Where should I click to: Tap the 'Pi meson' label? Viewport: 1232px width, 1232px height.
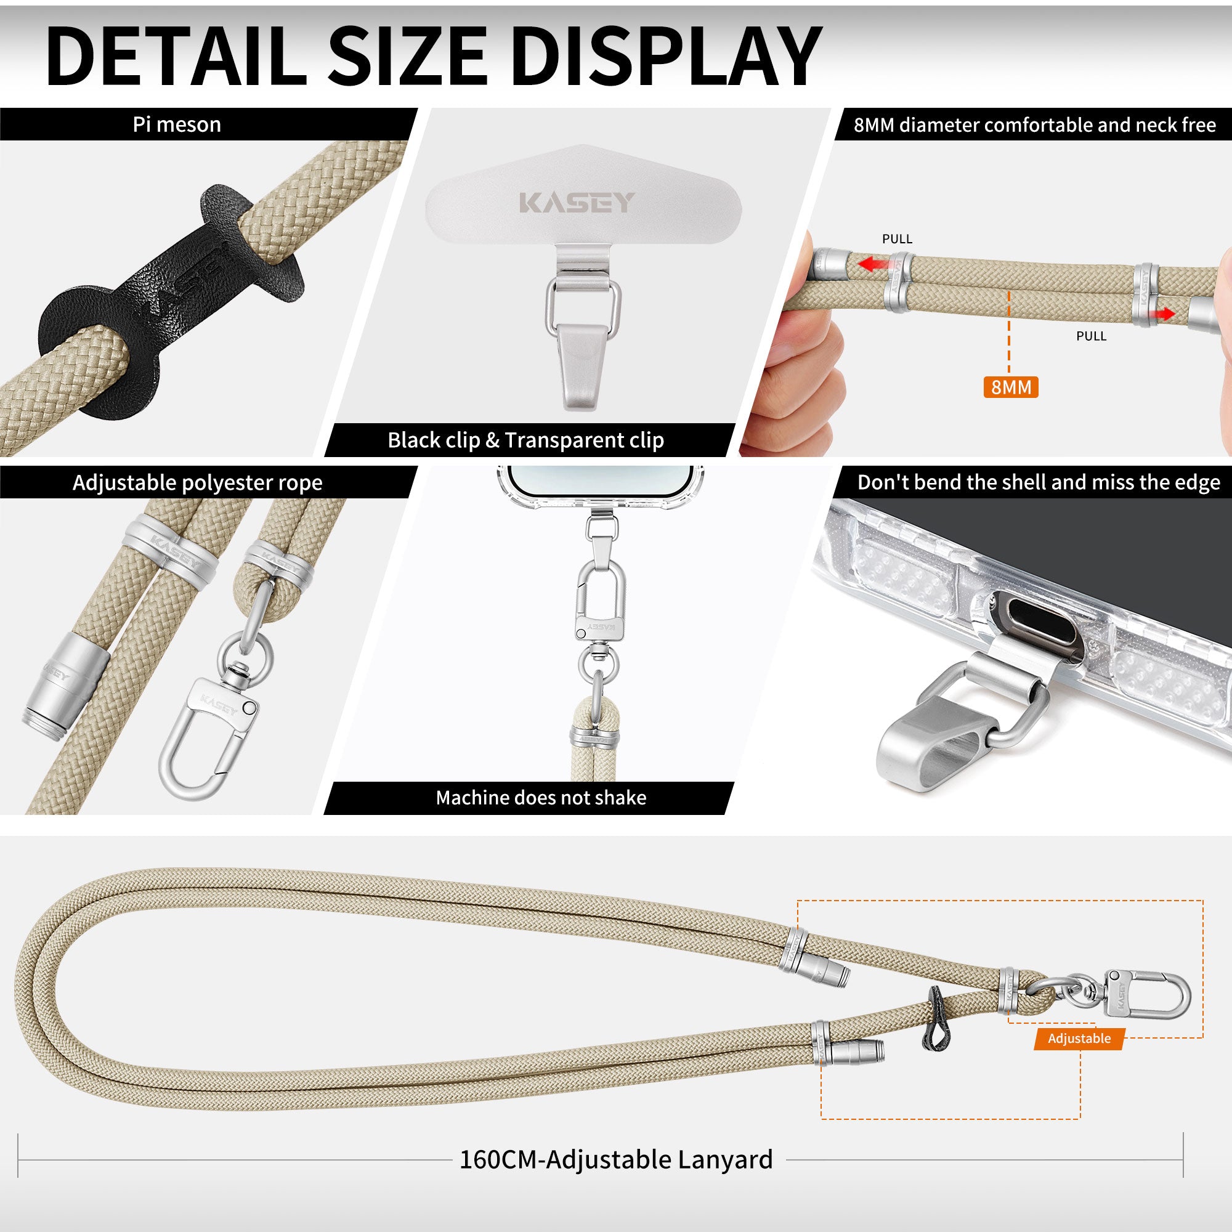point(177,124)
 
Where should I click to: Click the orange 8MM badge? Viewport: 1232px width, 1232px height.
point(1011,387)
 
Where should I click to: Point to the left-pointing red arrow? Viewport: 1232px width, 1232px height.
point(873,264)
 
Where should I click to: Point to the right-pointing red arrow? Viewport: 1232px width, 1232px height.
point(1159,314)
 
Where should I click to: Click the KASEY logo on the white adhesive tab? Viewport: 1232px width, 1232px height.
point(577,203)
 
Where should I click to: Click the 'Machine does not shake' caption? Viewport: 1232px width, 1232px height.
point(541,798)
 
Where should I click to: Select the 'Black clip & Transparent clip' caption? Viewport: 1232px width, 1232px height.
point(525,440)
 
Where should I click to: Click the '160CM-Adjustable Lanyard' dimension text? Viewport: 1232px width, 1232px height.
point(616,1159)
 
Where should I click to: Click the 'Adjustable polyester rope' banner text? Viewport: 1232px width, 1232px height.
point(197,482)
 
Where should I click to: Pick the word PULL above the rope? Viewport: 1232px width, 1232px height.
point(898,238)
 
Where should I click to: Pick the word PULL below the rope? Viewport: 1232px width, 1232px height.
point(1091,336)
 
